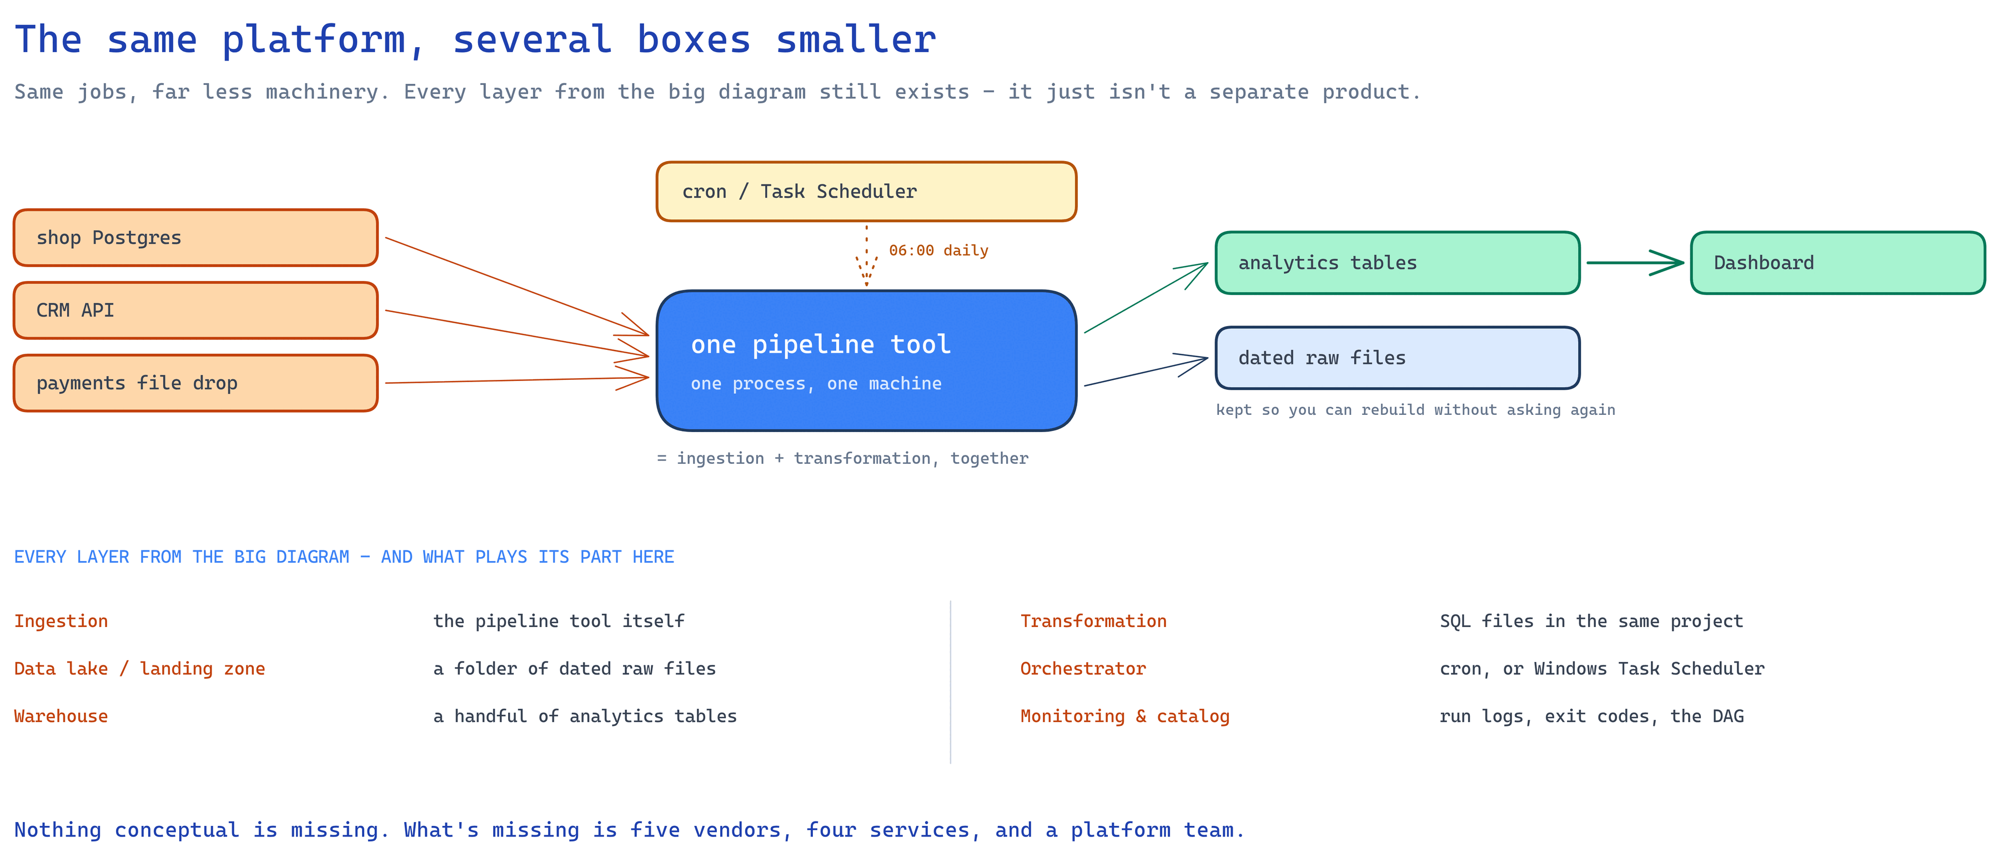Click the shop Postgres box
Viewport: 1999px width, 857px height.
[195, 238]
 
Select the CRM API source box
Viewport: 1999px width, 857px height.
[195, 310]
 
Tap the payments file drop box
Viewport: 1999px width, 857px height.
[195, 383]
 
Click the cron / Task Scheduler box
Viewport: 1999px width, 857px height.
[866, 192]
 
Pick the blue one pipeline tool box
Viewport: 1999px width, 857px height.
[866, 361]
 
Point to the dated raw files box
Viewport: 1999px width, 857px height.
[1398, 358]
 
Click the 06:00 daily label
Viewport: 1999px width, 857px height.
[938, 250]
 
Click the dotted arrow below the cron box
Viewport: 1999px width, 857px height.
[867, 255]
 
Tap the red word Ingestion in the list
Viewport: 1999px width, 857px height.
[61, 621]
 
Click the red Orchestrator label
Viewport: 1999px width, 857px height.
[1083, 668]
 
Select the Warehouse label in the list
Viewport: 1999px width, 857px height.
[61, 716]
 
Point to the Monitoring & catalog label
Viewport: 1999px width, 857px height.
[1124, 716]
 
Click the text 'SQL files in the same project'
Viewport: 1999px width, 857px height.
[1591, 621]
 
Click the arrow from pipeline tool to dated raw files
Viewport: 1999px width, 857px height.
[1146, 372]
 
